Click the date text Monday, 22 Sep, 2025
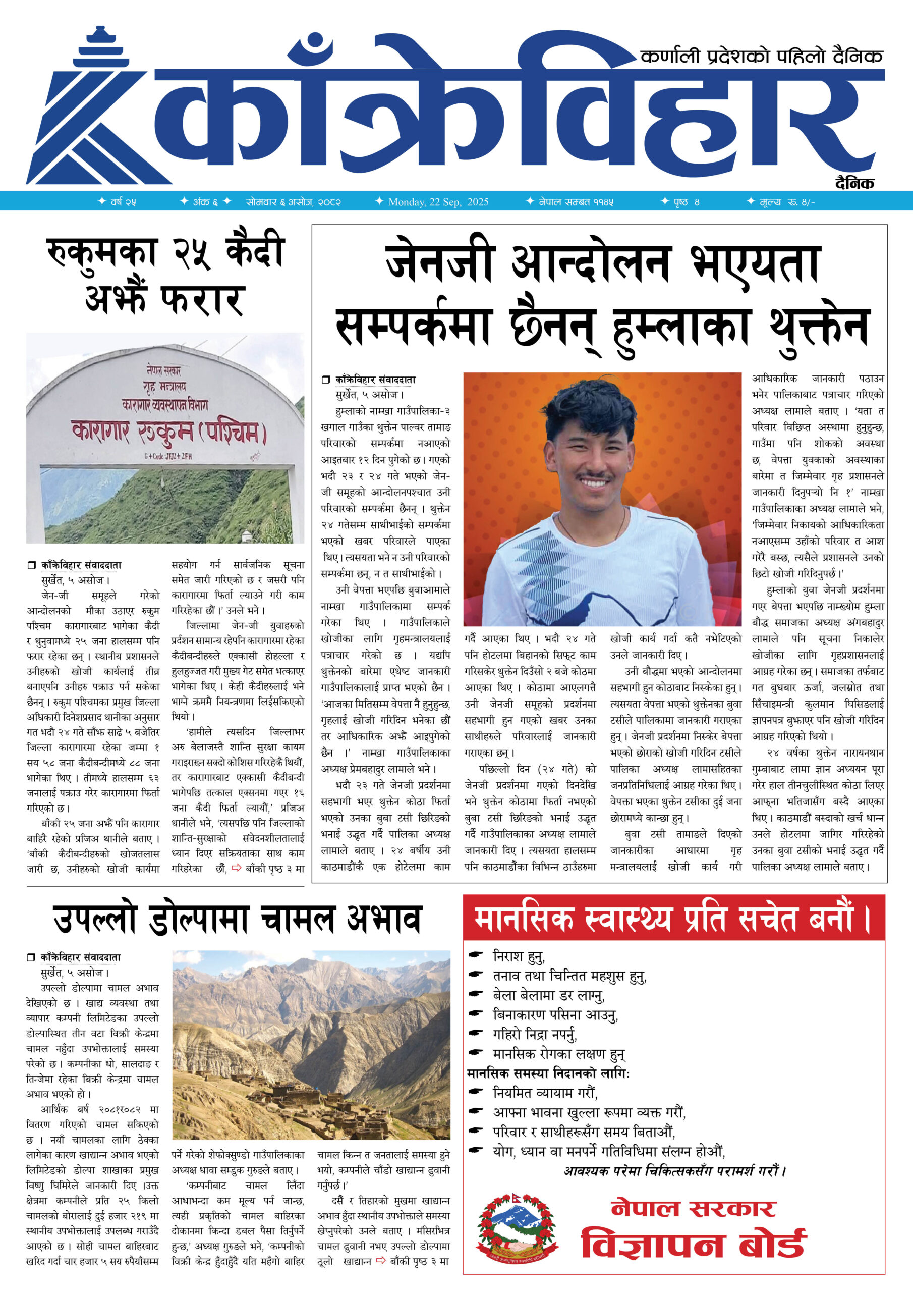point(438,202)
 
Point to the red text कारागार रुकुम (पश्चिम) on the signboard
point(169,432)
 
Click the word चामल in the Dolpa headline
point(298,920)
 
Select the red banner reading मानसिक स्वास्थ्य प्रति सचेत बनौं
point(673,920)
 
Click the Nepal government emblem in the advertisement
point(517,1228)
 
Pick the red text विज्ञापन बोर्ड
point(694,1244)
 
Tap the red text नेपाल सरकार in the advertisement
point(693,1208)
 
